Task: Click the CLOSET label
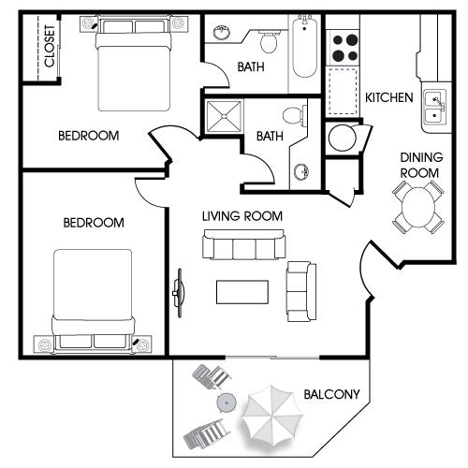tap(50, 46)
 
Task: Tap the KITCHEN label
tap(389, 97)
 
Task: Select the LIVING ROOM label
tap(242, 216)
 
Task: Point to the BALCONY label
tap(331, 394)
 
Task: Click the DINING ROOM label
tap(421, 165)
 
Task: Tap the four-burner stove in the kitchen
tap(343, 48)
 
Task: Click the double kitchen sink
tap(435, 107)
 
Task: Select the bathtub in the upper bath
tap(304, 46)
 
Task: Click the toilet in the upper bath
tap(269, 41)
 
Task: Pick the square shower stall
tap(224, 116)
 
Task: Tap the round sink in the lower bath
tap(301, 171)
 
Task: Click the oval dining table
tap(418, 207)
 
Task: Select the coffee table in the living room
tap(242, 292)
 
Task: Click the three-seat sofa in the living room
tap(244, 244)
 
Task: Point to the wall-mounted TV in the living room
tap(179, 293)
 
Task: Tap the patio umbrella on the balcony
tap(272, 416)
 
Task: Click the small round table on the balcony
tap(227, 402)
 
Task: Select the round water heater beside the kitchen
tap(343, 139)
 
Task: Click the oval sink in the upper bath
tap(222, 32)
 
